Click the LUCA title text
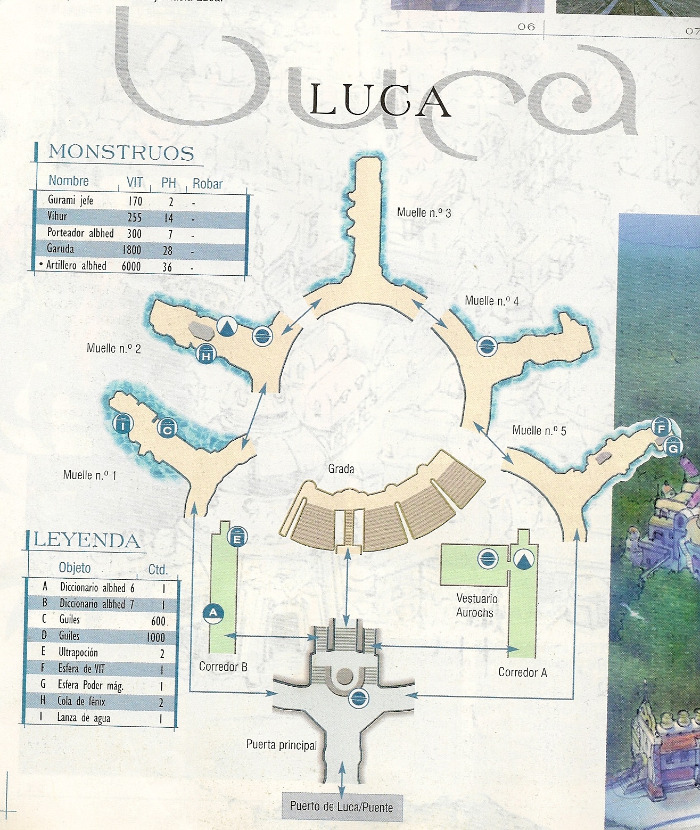pyautogui.click(x=379, y=101)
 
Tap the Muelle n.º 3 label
pyautogui.click(x=424, y=212)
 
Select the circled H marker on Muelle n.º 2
pyautogui.click(x=205, y=354)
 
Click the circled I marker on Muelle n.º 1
pyautogui.click(x=123, y=424)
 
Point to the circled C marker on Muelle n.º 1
pyautogui.click(x=167, y=429)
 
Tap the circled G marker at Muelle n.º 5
pyautogui.click(x=673, y=447)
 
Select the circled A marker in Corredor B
pyautogui.click(x=213, y=613)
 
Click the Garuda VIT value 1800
pyautogui.click(x=131, y=250)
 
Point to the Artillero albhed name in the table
pyautogui.click(x=76, y=266)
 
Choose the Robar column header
pyautogui.click(x=207, y=184)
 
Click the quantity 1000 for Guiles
pyautogui.click(x=155, y=637)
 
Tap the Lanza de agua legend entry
pyautogui.click(x=84, y=718)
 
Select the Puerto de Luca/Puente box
pyautogui.click(x=341, y=806)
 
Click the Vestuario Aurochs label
pyautogui.click(x=476, y=606)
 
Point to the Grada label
pyautogui.click(x=341, y=469)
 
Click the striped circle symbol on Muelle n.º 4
pyautogui.click(x=487, y=347)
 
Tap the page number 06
pyautogui.click(x=526, y=27)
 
